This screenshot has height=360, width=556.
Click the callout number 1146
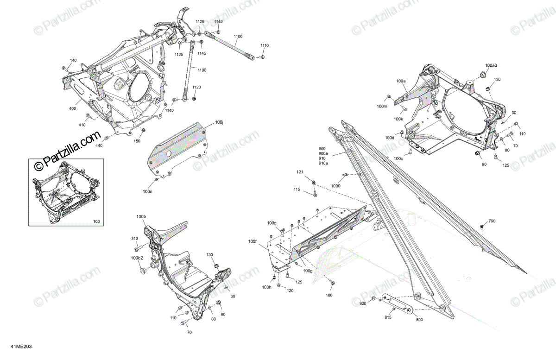[x=218, y=22]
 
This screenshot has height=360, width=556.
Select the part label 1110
[x=264, y=45]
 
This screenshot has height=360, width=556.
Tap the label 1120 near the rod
[x=196, y=87]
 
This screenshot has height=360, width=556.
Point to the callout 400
[x=72, y=108]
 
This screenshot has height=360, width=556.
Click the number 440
[x=99, y=145]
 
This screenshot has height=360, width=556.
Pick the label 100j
[x=219, y=123]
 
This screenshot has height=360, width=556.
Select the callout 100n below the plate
[x=148, y=191]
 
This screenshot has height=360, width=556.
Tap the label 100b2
[x=138, y=258]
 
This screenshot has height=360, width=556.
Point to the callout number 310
[x=134, y=239]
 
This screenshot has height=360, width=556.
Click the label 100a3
[x=491, y=65]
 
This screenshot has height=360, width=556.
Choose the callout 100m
[x=382, y=107]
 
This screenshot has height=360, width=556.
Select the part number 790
[x=492, y=221]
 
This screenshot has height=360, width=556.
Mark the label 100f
[x=252, y=241]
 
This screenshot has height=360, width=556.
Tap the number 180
[x=329, y=295]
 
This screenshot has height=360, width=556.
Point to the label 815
[x=387, y=317]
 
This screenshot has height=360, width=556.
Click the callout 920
[x=363, y=303]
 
